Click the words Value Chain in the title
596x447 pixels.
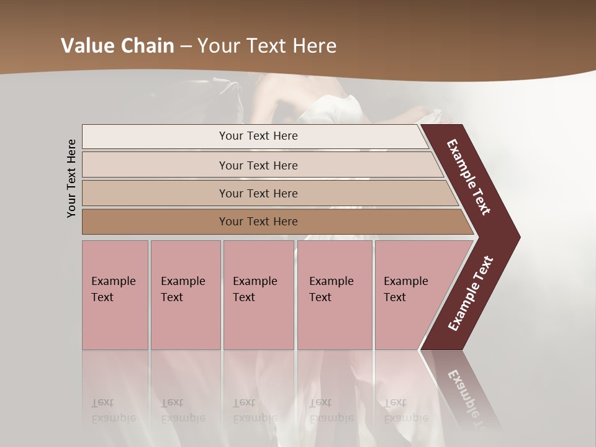pos(117,46)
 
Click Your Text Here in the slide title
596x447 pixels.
pos(267,46)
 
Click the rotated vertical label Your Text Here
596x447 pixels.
pos(71,178)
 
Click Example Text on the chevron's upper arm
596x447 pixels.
pos(469,178)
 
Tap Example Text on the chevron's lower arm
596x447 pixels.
pos(471,293)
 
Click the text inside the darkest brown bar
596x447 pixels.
pos(258,222)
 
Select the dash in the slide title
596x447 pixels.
pos(186,46)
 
